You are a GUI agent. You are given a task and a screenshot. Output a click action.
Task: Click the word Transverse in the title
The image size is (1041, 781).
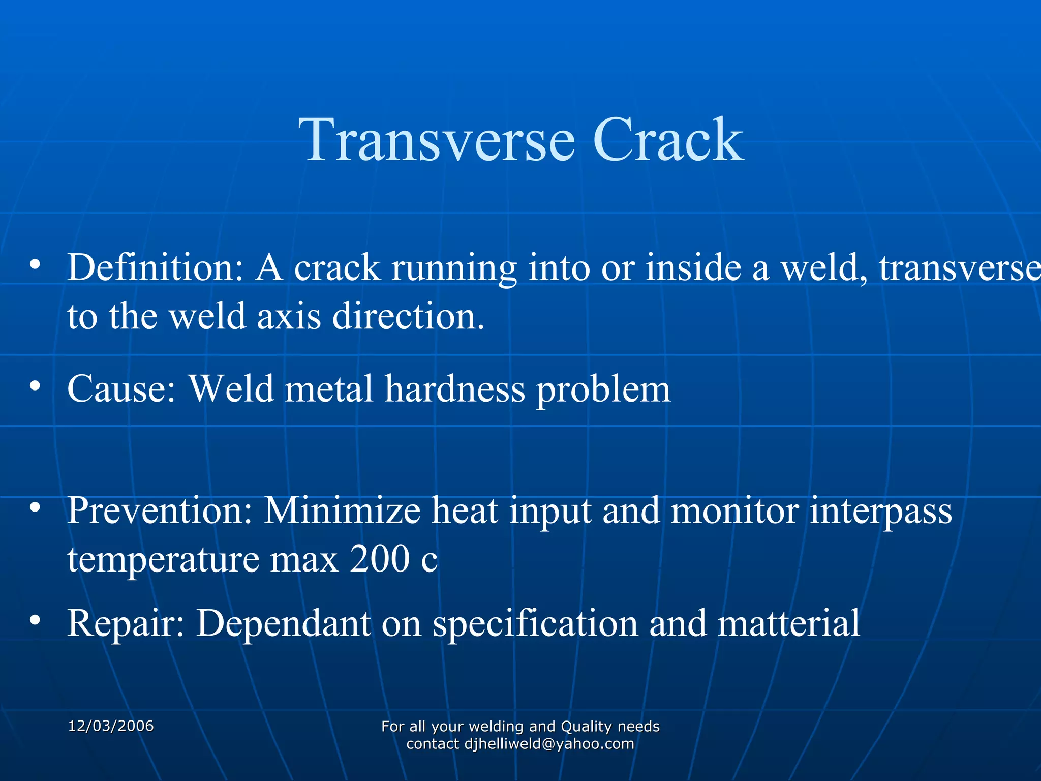(437, 140)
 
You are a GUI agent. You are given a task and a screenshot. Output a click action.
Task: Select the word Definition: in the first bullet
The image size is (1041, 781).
(156, 267)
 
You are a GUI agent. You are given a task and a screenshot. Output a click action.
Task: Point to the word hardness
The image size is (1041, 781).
(454, 389)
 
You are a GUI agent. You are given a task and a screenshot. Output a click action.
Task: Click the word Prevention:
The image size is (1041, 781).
(160, 510)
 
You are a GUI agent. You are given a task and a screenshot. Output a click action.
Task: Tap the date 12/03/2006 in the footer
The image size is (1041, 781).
(111, 726)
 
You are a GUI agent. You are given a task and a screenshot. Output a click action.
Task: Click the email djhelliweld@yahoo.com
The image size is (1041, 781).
(549, 744)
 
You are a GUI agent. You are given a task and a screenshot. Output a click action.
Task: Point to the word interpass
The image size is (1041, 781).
(880, 512)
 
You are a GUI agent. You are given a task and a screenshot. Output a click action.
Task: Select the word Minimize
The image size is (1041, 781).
(342, 510)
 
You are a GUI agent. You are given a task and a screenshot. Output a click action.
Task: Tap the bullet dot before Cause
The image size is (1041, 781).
(35, 386)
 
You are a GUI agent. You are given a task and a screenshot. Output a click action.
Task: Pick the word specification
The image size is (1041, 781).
(535, 624)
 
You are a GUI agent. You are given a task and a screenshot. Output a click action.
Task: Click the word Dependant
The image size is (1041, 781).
(284, 624)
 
